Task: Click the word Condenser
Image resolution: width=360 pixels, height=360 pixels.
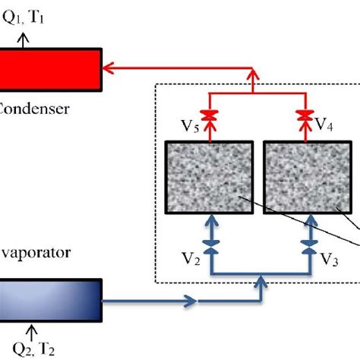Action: tap(34, 109)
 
